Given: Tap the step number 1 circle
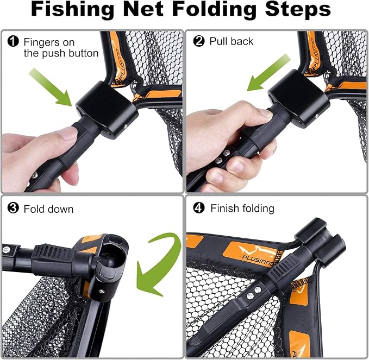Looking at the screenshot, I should (12, 41).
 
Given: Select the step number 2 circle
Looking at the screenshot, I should (199, 41).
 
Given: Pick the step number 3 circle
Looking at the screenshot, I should (12, 208).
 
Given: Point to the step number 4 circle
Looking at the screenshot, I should (199, 208).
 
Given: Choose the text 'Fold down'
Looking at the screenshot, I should (48, 209).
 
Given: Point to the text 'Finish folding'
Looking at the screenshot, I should (242, 209).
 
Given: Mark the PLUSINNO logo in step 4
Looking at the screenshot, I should (253, 252).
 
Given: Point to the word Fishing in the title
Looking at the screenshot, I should (76, 11).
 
